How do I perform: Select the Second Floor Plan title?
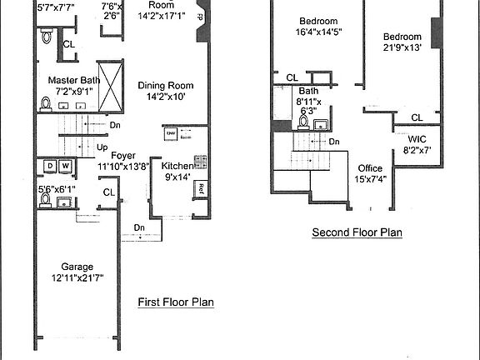(x=357, y=233)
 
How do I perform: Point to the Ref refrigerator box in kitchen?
(x=201, y=189)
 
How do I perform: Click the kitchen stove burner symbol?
(x=200, y=161)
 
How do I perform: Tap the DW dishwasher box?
(x=171, y=133)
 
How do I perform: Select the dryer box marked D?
(x=49, y=166)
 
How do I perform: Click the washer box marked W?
(x=65, y=166)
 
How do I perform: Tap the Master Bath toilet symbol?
(x=47, y=105)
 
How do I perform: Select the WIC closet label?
(x=416, y=140)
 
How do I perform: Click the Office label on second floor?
(x=370, y=168)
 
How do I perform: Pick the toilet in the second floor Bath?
(x=304, y=123)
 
